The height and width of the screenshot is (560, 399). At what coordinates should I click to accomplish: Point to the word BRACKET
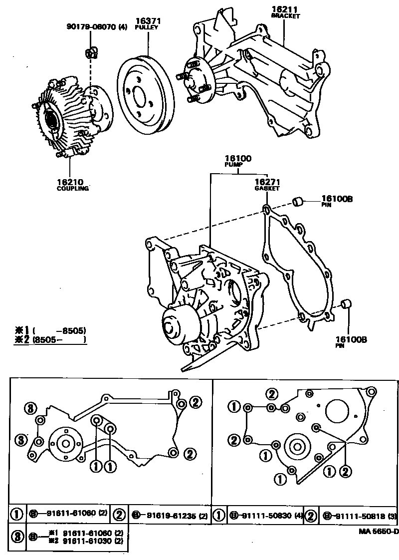(x=285, y=16)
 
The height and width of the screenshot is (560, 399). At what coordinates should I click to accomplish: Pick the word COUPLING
(x=72, y=189)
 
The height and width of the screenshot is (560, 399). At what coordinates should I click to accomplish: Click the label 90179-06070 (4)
(x=97, y=26)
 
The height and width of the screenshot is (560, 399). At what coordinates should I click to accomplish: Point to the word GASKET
(x=267, y=189)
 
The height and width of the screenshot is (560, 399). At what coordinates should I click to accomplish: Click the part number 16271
(x=267, y=182)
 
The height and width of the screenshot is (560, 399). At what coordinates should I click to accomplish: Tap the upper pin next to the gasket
(x=298, y=202)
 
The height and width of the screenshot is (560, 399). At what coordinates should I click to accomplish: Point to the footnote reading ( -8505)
(x=59, y=330)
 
